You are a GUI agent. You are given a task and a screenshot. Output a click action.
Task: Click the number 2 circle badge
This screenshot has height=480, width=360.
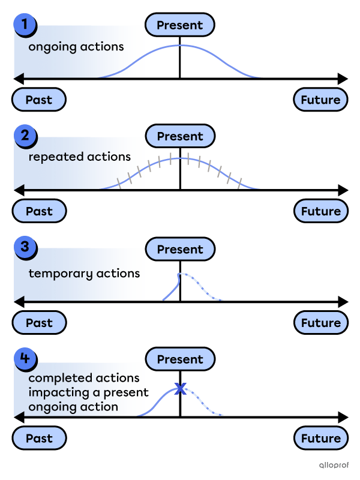click(25, 136)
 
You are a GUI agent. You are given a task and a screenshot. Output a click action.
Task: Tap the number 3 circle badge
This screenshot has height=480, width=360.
click(25, 247)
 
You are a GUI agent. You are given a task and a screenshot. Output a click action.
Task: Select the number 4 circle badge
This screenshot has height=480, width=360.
click(25, 359)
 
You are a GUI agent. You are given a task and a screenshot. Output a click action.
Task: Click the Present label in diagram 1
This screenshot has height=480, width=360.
click(180, 25)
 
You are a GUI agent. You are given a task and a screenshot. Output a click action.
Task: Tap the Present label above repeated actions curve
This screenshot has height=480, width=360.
click(180, 136)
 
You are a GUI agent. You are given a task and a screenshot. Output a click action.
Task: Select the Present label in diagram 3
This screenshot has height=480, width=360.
click(180, 249)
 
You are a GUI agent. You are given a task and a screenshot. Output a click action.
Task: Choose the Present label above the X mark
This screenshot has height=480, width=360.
click(180, 359)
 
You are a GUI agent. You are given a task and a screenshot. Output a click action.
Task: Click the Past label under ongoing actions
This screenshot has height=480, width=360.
click(39, 100)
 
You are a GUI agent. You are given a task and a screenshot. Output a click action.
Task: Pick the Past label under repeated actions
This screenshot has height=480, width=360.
click(39, 211)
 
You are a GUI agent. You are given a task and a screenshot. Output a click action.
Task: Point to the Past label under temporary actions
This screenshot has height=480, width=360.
click(39, 323)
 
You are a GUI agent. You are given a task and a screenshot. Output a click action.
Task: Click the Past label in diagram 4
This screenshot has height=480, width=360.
click(39, 439)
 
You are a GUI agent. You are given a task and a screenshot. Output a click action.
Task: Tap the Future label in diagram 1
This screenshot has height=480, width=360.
click(320, 100)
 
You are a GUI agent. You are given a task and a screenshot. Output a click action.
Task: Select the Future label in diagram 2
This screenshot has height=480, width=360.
click(320, 211)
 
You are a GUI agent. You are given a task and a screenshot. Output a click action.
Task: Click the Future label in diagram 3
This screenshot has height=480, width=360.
click(320, 323)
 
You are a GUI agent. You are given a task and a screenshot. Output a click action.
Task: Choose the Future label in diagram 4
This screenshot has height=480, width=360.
click(320, 439)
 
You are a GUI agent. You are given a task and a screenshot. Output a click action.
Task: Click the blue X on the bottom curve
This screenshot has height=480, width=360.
click(179, 389)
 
